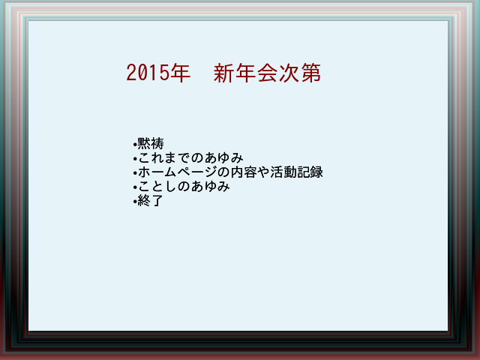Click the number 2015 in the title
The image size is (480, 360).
[x=148, y=73]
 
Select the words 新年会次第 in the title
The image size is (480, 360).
[x=267, y=73]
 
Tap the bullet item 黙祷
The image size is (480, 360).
[x=151, y=143]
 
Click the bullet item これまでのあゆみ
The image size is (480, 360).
[x=190, y=157]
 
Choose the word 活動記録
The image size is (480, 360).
[x=296, y=172]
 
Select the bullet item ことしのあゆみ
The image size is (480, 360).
[x=184, y=187]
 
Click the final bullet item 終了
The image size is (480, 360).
[x=150, y=201]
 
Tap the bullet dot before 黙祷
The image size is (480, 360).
[x=135, y=144]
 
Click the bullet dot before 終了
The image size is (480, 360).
[x=135, y=202]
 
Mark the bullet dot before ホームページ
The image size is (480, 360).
[x=135, y=173]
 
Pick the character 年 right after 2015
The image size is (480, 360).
[x=180, y=73]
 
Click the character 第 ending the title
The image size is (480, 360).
[x=311, y=73]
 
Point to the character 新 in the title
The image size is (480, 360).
[x=223, y=73]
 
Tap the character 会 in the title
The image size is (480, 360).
[x=267, y=73]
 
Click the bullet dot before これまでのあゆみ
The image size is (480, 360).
[x=135, y=158]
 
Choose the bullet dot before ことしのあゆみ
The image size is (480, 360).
[x=135, y=187]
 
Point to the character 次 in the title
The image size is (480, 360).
[x=289, y=73]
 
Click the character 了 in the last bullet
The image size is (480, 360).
[x=157, y=201]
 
